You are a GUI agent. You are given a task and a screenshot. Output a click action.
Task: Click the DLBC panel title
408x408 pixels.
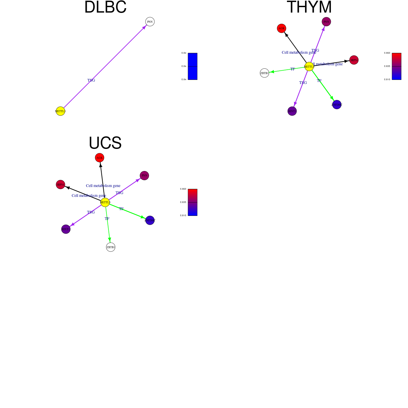(105, 7)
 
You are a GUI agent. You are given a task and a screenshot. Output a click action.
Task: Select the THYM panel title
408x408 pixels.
(309, 7)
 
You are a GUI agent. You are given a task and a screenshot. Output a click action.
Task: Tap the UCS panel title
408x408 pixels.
(105, 143)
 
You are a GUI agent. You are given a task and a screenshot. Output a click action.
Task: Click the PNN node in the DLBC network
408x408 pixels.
(150, 22)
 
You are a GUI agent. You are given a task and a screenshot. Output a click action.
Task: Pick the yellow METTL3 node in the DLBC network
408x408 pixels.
(61, 111)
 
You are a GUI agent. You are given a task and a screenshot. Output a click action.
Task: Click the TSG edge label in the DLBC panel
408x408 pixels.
(91, 81)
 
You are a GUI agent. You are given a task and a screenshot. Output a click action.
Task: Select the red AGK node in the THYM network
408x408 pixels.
(282, 29)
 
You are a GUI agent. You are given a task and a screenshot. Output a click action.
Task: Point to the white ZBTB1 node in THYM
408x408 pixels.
(265, 73)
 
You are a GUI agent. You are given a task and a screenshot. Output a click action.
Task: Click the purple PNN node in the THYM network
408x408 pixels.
(326, 22)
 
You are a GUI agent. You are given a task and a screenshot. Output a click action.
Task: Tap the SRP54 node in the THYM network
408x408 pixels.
(354, 60)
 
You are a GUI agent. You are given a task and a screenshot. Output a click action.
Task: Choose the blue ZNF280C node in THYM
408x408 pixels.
(337, 105)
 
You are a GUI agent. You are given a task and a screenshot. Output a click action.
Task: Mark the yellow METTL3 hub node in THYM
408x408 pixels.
(309, 67)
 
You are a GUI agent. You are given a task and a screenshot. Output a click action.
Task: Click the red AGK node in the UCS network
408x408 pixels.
(100, 158)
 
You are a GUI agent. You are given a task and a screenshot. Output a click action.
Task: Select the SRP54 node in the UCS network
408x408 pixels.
(61, 185)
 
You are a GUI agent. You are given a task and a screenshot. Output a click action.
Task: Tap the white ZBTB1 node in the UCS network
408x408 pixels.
(111, 247)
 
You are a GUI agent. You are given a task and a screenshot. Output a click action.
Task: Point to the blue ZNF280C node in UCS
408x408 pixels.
(150, 220)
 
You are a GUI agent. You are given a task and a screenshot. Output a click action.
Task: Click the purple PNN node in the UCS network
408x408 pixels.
(144, 176)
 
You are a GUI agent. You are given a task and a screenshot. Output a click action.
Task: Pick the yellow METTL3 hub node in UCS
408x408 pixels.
(105, 202)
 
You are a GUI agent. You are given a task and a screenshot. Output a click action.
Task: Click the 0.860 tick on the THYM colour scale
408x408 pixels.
(387, 53)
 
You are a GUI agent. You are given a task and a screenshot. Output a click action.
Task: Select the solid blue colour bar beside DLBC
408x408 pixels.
(192, 66)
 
